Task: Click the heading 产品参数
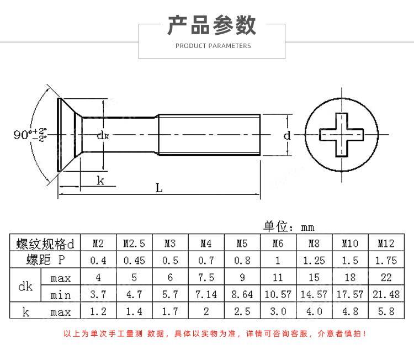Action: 212,25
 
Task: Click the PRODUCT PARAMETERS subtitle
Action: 213,46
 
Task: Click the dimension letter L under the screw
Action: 159,188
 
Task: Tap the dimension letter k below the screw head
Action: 100,180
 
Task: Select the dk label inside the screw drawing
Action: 102,135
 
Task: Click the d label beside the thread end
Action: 286,135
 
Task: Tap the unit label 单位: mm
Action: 289,226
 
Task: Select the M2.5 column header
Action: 134,243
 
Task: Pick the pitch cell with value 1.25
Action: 314,260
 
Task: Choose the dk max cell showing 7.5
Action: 206,277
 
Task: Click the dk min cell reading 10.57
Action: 278,294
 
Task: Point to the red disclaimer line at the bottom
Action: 215,333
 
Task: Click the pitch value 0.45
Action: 134,260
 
